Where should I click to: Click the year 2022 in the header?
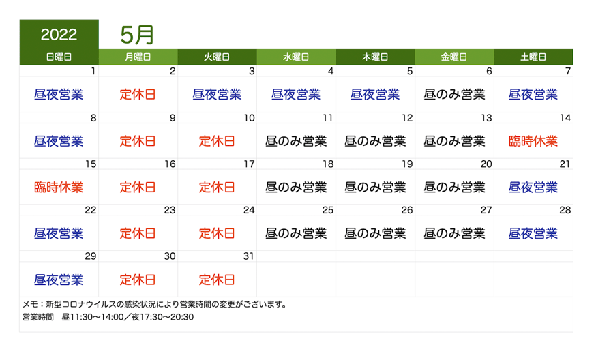pyautogui.click(x=59, y=35)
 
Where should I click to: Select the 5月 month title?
pyautogui.click(x=137, y=35)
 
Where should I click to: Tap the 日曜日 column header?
pyautogui.click(x=59, y=57)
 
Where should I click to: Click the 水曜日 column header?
pyautogui.click(x=296, y=57)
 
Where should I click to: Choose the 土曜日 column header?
pyautogui.click(x=533, y=57)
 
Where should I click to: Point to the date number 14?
pyautogui.click(x=565, y=118)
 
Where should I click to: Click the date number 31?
pyautogui.click(x=249, y=256)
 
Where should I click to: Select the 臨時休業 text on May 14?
pyautogui.click(x=533, y=141)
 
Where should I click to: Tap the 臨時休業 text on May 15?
pyautogui.click(x=59, y=187)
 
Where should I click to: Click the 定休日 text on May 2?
pyautogui.click(x=138, y=94)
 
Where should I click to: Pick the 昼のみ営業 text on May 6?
pyautogui.click(x=454, y=94)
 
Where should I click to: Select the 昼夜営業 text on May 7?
pyautogui.click(x=533, y=94)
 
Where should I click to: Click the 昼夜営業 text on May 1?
pyautogui.click(x=59, y=94)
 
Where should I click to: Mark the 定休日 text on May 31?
pyautogui.click(x=217, y=280)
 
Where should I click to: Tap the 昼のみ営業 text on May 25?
pyautogui.click(x=296, y=233)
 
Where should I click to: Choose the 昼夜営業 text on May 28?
pyautogui.click(x=533, y=233)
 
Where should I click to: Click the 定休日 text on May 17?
pyautogui.click(x=217, y=187)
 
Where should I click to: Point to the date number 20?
pyautogui.click(x=486, y=164)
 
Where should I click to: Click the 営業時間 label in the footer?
pyautogui.click(x=38, y=317)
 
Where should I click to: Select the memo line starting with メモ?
pyautogui.click(x=154, y=305)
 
